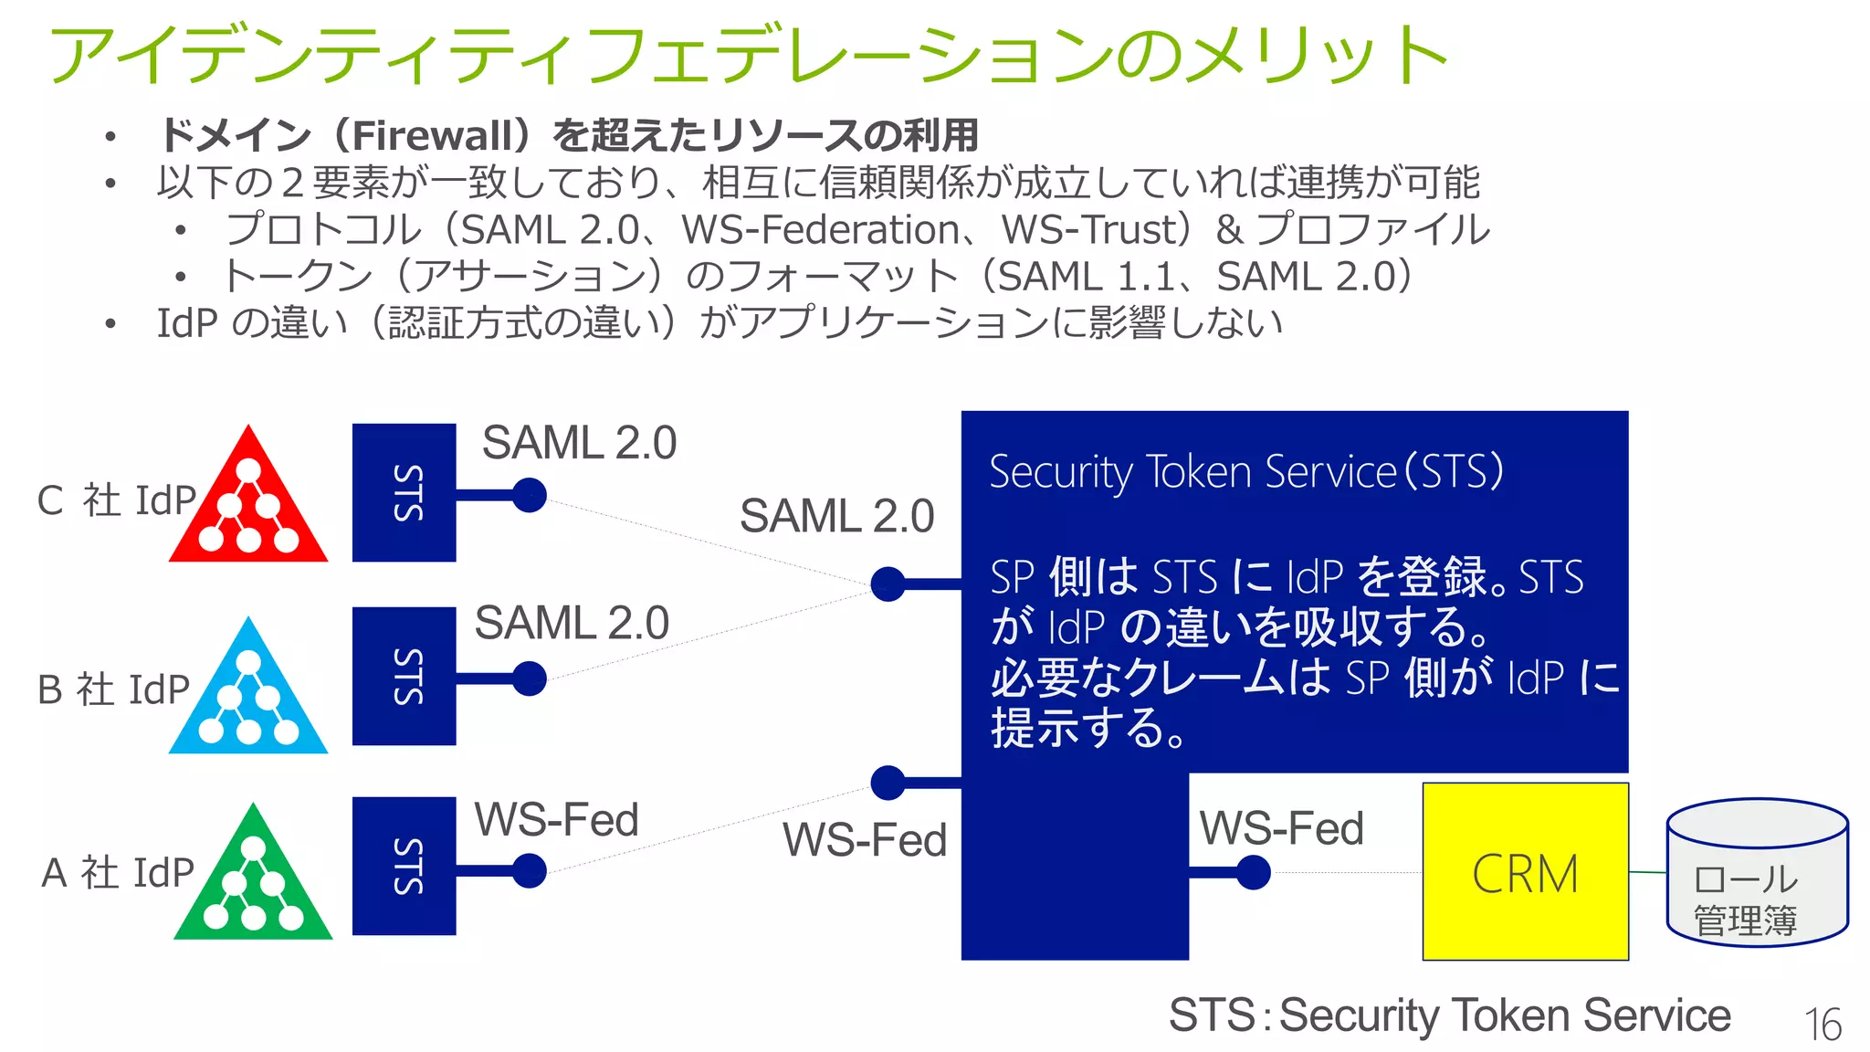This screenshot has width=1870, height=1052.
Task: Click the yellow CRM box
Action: click(1525, 871)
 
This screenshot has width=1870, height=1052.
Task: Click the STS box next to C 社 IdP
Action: click(404, 492)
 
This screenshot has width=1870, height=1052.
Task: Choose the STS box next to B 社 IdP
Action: click(404, 676)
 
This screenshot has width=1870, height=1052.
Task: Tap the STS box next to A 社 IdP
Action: click(404, 866)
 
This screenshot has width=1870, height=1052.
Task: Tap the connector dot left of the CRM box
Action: click(1253, 872)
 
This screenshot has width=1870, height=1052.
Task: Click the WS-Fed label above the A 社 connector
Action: click(556, 819)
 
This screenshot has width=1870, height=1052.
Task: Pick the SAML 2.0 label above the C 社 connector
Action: click(579, 443)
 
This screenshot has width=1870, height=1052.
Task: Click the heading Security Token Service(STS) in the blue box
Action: click(1245, 472)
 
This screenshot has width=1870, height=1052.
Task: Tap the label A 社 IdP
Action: click(118, 872)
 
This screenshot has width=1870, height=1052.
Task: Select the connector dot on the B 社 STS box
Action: click(529, 679)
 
